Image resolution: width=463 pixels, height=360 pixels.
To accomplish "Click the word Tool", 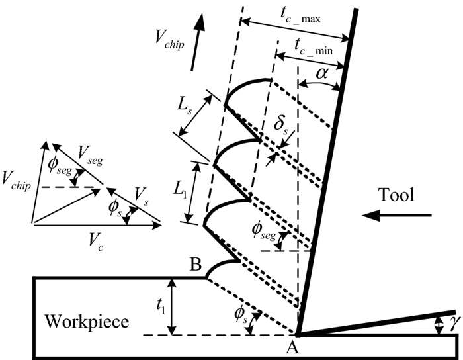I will (396, 195).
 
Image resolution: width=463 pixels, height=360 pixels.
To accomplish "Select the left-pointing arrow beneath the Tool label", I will (407, 215).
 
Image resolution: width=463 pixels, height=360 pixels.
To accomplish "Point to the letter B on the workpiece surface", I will (196, 266).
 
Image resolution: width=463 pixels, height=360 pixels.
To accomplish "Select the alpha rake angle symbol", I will (322, 74).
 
